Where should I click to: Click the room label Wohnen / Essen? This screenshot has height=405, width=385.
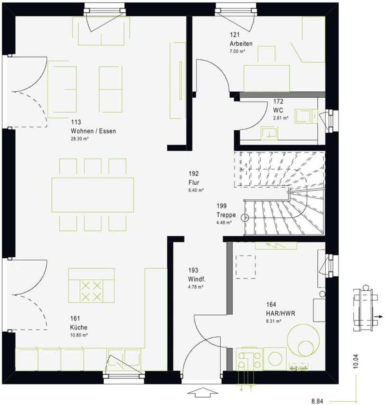click(x=93, y=131)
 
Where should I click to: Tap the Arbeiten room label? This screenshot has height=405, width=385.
click(x=240, y=44)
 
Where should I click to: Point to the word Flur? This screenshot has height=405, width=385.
click(x=194, y=182)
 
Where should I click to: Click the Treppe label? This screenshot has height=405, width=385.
click(x=226, y=215)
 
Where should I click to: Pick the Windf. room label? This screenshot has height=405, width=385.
click(x=197, y=280)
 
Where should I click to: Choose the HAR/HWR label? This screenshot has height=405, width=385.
click(x=280, y=313)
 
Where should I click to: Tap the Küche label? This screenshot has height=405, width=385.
click(x=79, y=327)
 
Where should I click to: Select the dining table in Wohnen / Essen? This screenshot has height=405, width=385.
click(x=93, y=195)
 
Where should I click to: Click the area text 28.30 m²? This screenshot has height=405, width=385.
click(x=80, y=139)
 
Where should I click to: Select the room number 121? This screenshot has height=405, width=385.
click(x=235, y=35)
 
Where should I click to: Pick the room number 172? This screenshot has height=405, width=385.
click(x=278, y=101)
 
